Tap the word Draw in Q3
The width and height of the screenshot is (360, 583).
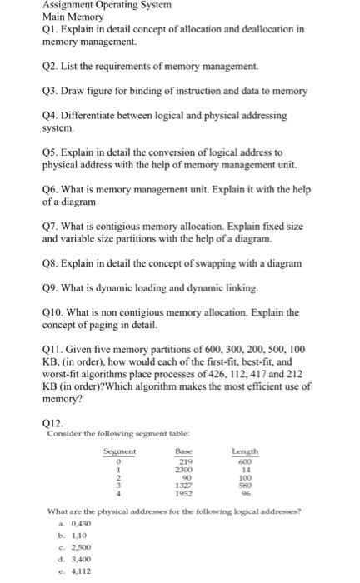[77, 90]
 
